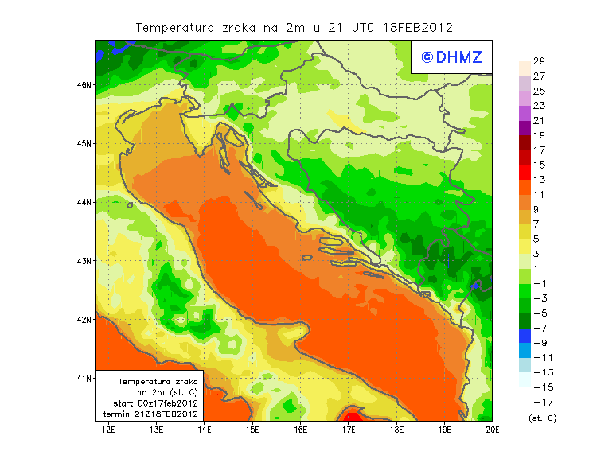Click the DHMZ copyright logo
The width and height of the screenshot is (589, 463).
tap(451, 56)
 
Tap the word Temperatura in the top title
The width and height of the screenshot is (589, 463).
tap(175, 27)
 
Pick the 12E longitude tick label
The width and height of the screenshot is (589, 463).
tap(109, 430)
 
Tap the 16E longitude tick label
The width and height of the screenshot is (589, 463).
tap(301, 430)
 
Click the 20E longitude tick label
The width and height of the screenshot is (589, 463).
tap(493, 430)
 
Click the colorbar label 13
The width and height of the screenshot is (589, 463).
tap(539, 180)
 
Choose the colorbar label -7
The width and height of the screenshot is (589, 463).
tap(539, 328)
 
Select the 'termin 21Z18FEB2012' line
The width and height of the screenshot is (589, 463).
tap(150, 414)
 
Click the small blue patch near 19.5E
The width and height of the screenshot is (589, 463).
tap(475, 284)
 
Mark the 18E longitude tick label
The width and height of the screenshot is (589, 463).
tap(396, 430)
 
